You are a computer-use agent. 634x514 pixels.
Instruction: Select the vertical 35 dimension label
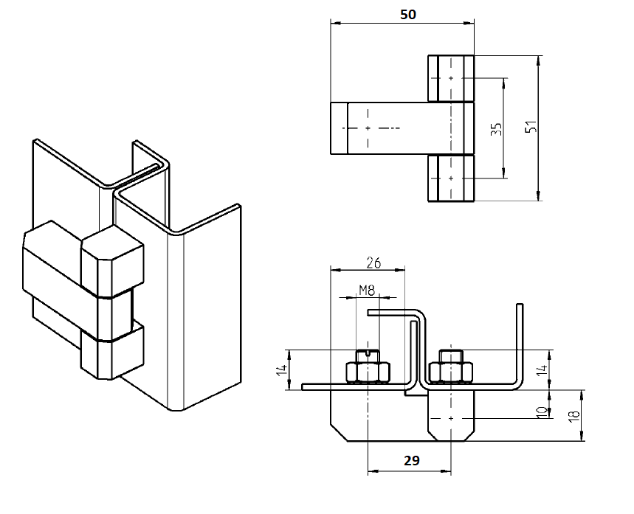pyautogui.click(x=496, y=128)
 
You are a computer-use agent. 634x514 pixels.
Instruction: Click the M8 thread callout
pyautogui.click(x=367, y=291)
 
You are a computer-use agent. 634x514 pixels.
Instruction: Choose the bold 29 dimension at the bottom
pyautogui.click(x=412, y=460)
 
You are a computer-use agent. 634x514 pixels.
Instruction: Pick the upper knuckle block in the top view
pyautogui.click(x=451, y=77)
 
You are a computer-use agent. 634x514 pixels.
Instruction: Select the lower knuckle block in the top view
pyautogui.click(x=451, y=178)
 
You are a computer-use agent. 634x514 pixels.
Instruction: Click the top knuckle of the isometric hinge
pyautogui.click(x=112, y=264)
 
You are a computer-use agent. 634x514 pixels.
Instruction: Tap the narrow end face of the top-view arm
pyautogui.click(x=338, y=128)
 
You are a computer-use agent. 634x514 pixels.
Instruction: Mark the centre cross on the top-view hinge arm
pyautogui.click(x=367, y=128)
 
